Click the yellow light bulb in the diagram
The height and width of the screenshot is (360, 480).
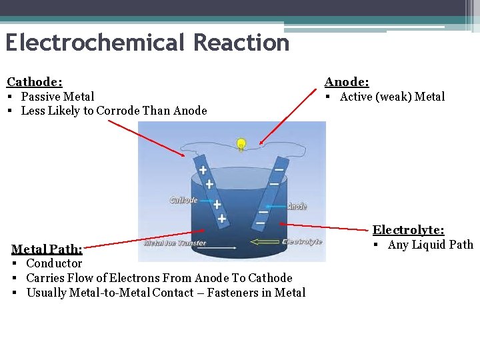241,143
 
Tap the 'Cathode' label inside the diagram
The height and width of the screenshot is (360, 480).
183,200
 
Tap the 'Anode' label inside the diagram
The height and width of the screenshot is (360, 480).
297,205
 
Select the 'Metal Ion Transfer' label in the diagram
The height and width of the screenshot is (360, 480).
175,243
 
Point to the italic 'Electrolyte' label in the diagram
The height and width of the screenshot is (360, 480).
302,241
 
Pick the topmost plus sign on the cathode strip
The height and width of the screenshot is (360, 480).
203,171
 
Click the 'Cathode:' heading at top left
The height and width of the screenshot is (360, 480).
35,82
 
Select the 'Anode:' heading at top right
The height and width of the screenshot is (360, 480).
347,82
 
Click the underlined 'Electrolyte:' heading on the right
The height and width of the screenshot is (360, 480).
408,230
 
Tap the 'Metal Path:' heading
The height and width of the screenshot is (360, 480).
47,249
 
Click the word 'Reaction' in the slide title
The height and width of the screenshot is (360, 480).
241,43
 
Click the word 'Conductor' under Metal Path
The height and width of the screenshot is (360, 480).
54,263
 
